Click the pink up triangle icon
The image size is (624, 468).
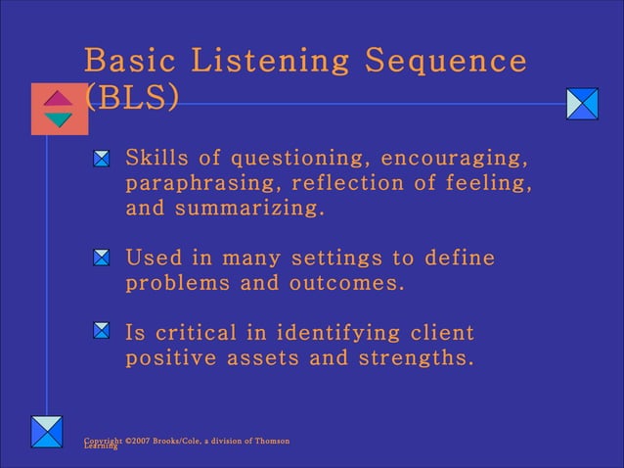[x=59, y=99]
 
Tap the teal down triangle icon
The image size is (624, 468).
[x=59, y=119]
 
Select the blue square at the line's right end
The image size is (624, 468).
[x=582, y=104]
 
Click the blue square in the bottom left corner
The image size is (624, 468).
[x=46, y=432]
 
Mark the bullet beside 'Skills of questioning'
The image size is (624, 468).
[x=102, y=158]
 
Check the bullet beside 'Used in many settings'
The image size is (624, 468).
[x=102, y=257]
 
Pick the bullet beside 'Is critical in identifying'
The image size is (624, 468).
[x=102, y=331]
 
